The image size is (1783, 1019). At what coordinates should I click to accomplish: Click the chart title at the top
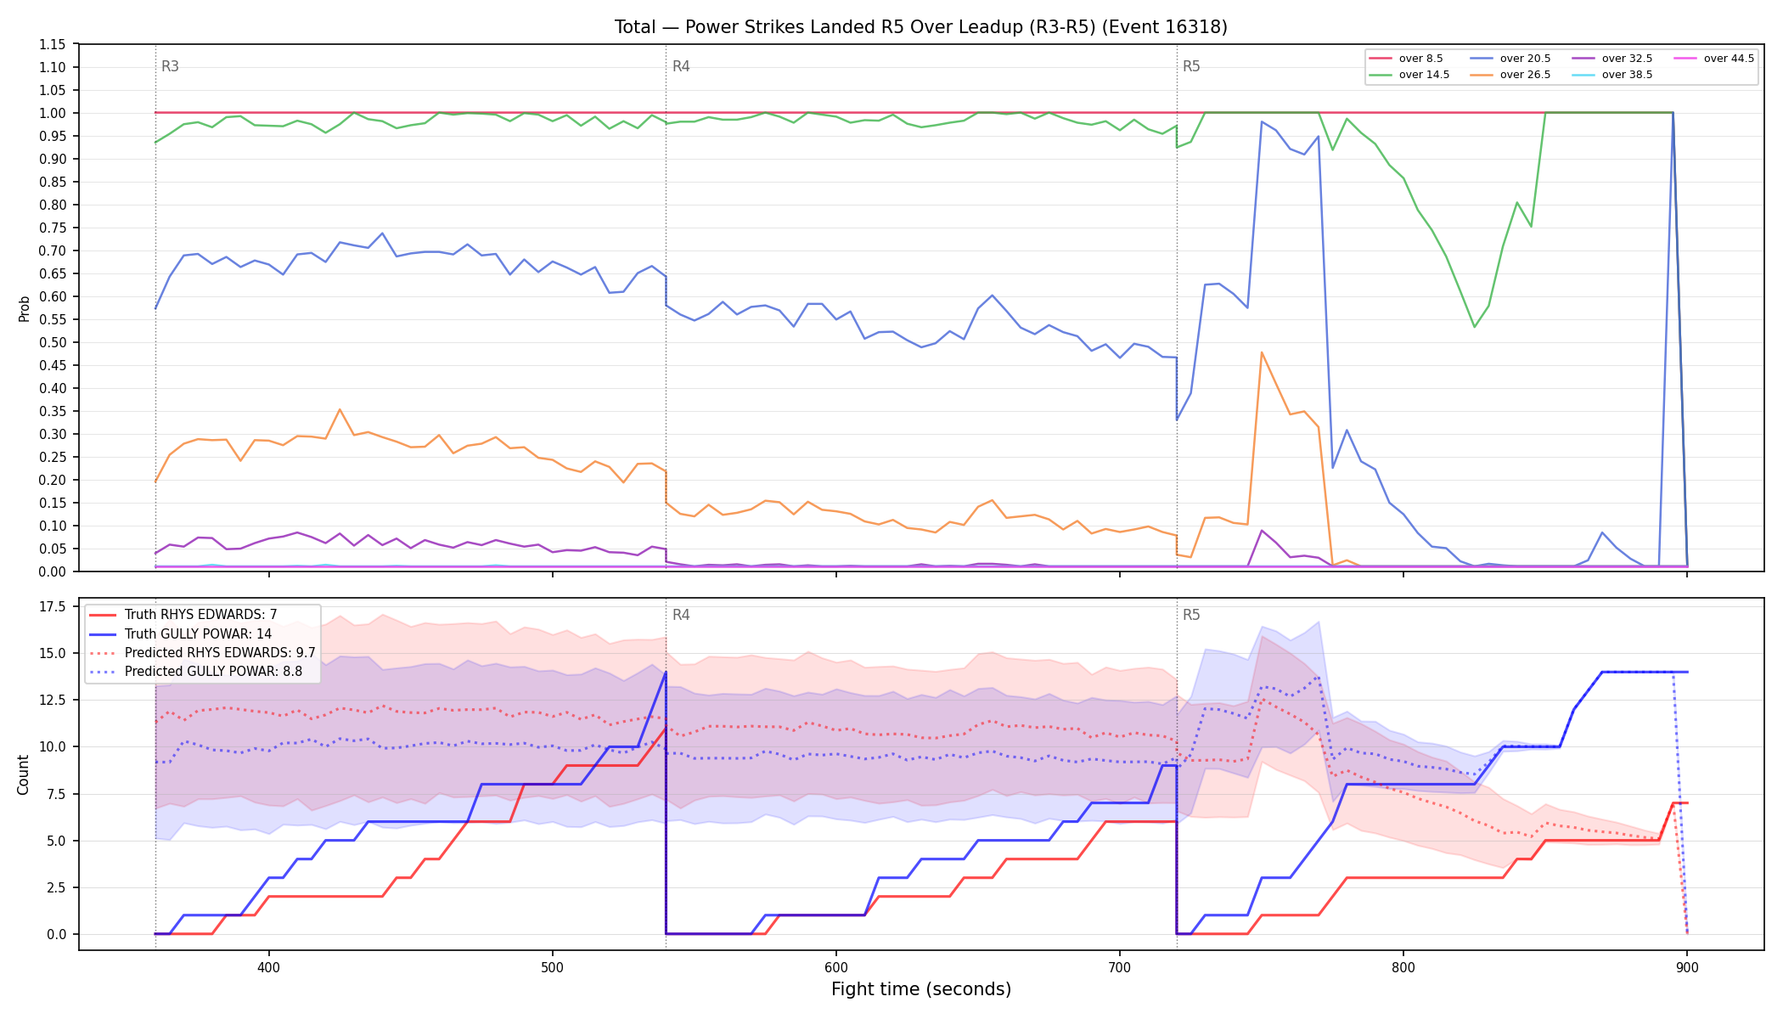[921, 27]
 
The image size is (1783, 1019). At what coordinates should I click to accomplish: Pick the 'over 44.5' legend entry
[1713, 59]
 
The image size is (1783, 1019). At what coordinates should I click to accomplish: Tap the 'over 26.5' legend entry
[1510, 75]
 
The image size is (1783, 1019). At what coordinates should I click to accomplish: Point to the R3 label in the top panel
[170, 66]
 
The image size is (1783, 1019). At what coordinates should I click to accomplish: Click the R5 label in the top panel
[1191, 66]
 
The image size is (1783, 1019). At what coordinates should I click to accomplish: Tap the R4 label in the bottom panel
[681, 615]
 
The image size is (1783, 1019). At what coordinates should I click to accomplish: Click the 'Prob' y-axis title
[24, 308]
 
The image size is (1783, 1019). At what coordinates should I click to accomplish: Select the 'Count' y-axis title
[23, 774]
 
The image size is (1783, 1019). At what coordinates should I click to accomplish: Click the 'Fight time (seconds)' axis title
[921, 989]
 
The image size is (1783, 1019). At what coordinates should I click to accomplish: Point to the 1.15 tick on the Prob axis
[52, 44]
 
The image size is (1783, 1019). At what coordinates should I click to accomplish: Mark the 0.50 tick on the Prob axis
[52, 342]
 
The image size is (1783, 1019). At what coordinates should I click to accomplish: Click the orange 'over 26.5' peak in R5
[1262, 352]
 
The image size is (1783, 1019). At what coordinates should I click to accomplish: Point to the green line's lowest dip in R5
[1475, 327]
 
